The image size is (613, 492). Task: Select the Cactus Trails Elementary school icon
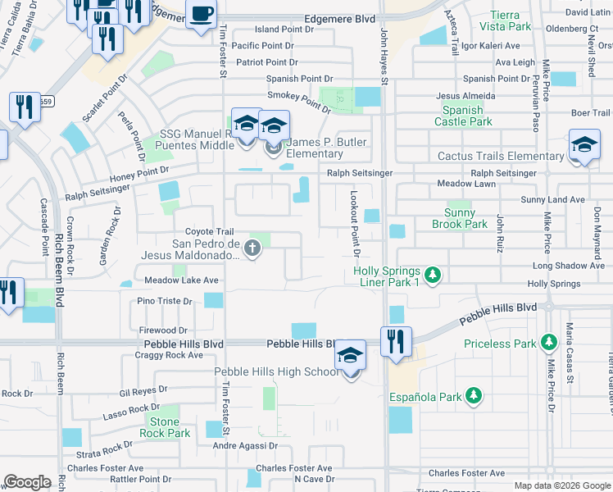[584, 144]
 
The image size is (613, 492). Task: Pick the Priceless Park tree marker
[548, 344]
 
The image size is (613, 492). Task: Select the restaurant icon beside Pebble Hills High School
[397, 340]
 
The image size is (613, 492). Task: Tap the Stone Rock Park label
[165, 427]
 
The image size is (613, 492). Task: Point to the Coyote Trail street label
[209, 232]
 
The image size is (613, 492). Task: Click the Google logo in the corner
[27, 482]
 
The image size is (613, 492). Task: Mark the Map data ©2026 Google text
[561, 485]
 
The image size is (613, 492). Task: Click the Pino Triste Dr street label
[165, 302]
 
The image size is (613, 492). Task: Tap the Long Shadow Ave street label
[569, 266]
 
